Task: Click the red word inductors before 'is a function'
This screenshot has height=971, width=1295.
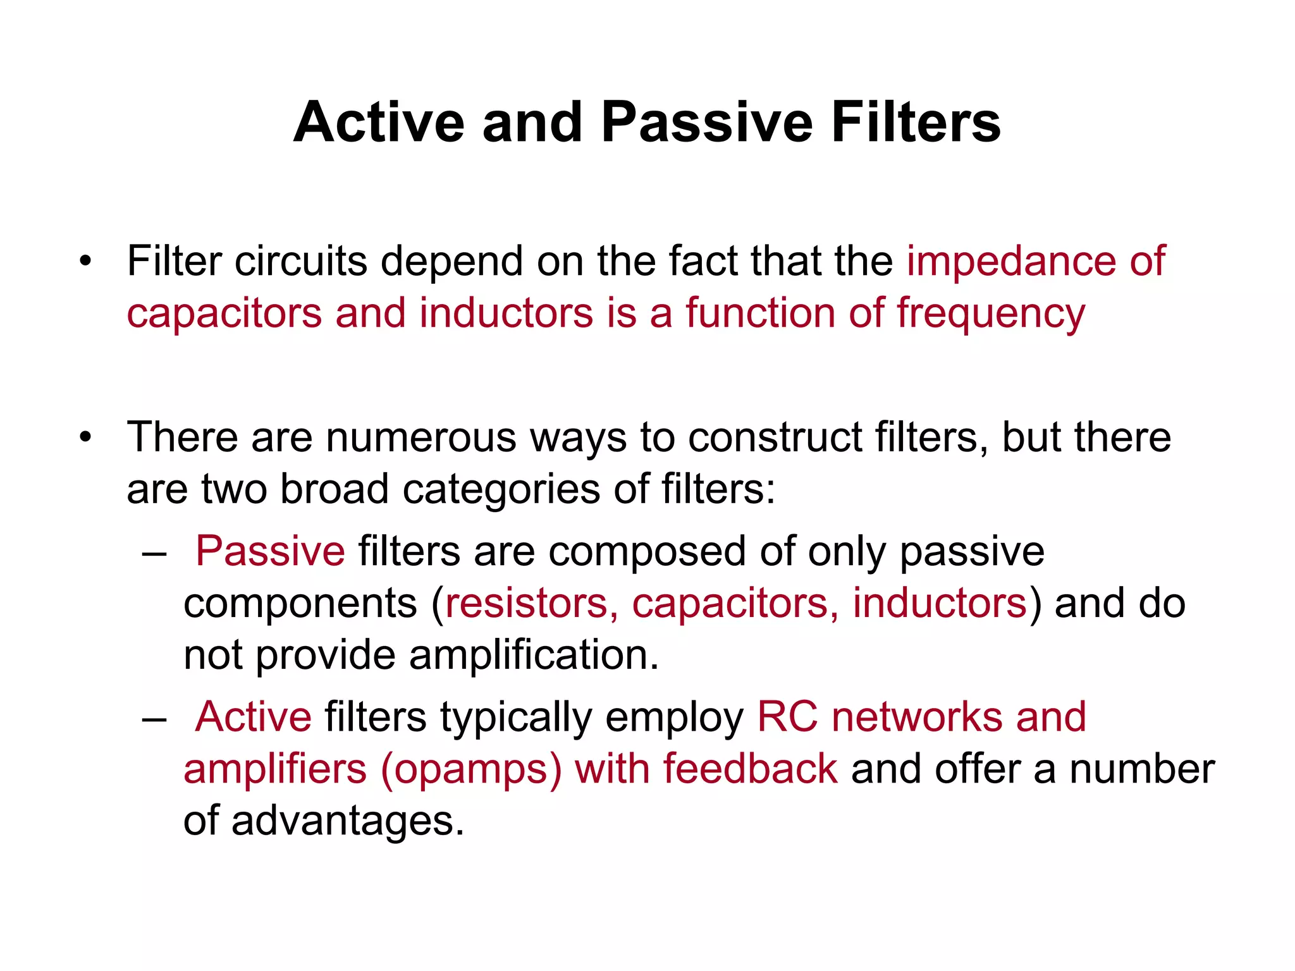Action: click(x=506, y=313)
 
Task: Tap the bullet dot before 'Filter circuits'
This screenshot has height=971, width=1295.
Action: click(x=85, y=261)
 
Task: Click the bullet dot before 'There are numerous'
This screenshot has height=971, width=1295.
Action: click(x=85, y=437)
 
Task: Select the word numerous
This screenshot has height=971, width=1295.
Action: click(x=420, y=437)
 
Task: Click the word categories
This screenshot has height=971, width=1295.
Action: click(x=501, y=489)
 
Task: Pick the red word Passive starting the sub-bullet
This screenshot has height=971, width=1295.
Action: click(x=270, y=551)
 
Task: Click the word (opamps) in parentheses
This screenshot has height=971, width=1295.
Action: click(x=471, y=770)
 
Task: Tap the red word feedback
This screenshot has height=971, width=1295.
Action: click(x=750, y=769)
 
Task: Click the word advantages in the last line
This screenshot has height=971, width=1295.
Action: click(x=347, y=821)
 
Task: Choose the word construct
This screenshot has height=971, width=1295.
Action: click(x=775, y=437)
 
